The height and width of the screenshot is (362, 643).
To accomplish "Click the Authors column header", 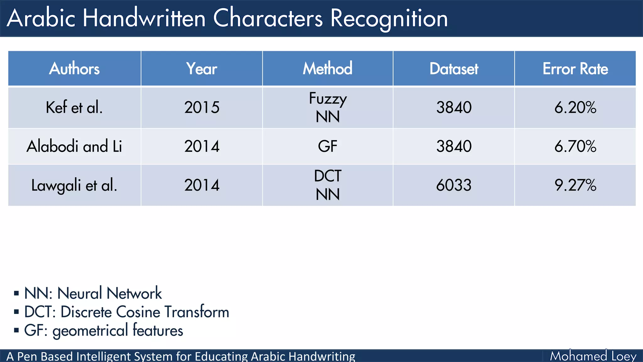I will pos(74,69).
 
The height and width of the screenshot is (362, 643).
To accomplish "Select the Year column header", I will pos(202,69).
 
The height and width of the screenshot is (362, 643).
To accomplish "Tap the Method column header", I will pos(327,69).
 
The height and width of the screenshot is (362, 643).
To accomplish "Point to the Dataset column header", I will pos(454,69).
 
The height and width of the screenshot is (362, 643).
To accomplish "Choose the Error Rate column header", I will pos(575,69).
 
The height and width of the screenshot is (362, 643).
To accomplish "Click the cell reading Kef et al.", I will pos(74,107).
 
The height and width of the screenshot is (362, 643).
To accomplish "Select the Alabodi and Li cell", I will pos(74,146).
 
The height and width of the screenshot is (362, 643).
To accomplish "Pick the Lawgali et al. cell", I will pos(74,185).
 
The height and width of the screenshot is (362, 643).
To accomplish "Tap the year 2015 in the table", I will pos(202,107).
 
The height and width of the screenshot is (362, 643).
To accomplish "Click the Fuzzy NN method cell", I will pos(327,107).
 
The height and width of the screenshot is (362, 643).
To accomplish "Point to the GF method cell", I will pos(327,146).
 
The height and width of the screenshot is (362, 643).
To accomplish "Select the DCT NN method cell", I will pos(327,185).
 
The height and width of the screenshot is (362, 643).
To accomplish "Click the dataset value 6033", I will pos(454,185).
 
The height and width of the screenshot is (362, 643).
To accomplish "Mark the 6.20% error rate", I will pos(575,107).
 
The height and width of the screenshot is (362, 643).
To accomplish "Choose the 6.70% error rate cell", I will pos(575,146).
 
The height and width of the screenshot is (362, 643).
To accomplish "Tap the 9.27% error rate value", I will pos(575,185).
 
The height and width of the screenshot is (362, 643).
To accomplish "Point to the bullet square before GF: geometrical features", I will pos(16,330).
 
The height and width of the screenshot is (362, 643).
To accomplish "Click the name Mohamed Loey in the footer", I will pos(593,356).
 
